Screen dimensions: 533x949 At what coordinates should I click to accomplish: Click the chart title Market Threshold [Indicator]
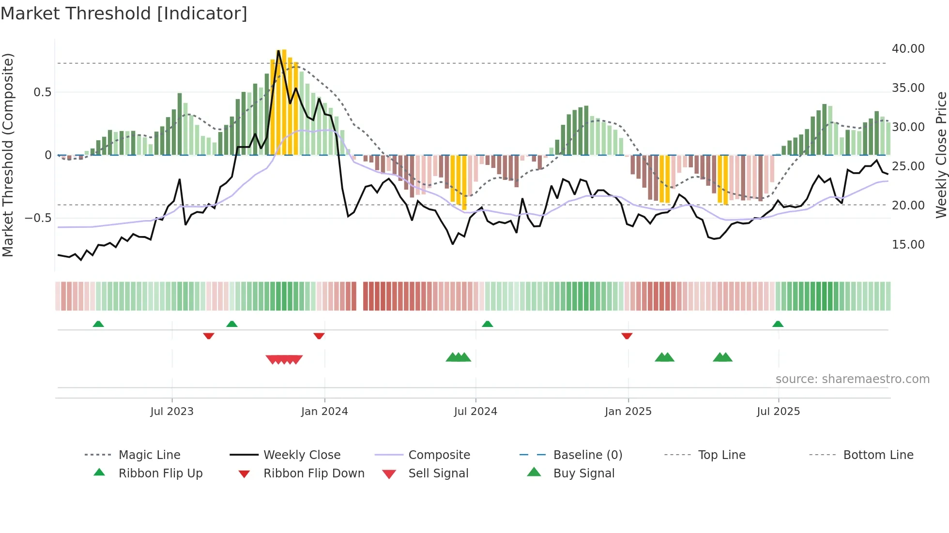[x=124, y=14]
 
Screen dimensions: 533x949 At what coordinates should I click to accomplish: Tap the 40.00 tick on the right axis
[x=908, y=49]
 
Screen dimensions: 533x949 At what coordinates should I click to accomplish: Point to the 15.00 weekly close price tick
[x=908, y=245]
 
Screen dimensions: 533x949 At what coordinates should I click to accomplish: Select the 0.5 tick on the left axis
[x=42, y=92]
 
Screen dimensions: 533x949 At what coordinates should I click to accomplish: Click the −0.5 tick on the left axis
[x=38, y=218]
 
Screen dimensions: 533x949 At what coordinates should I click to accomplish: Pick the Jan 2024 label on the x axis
[x=324, y=412]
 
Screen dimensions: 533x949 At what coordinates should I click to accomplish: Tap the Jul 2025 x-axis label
[x=778, y=412]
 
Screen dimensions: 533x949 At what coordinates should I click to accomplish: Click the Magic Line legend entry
[x=149, y=455]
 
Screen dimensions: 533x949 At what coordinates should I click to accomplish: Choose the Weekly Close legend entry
[x=302, y=455]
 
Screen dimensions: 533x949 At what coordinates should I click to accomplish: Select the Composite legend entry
[x=439, y=455]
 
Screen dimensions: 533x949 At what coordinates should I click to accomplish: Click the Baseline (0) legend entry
[x=587, y=455]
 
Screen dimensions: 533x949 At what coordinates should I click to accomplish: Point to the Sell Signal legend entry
[x=438, y=474]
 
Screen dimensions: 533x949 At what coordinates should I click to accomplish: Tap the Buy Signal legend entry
[x=583, y=474]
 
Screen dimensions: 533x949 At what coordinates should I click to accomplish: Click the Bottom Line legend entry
[x=878, y=455]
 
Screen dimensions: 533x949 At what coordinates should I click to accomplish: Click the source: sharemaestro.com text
[x=852, y=379]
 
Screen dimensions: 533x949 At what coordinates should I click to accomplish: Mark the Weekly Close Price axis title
[x=941, y=155]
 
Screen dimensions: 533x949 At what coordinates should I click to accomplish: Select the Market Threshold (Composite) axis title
[x=8, y=155]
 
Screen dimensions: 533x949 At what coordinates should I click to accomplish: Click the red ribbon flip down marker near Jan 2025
[x=627, y=336]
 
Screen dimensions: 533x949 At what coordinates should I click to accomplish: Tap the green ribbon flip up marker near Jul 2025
[x=778, y=324]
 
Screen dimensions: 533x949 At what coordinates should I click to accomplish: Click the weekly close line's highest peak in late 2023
[x=278, y=51]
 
